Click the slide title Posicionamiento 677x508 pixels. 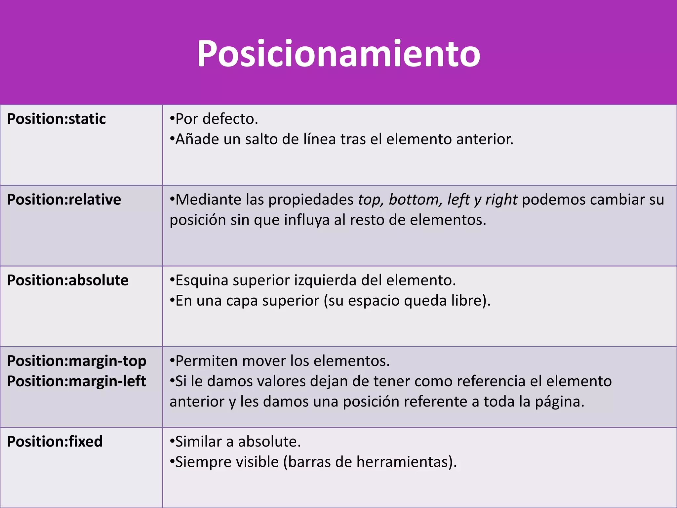(338, 54)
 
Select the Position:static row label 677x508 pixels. (57, 119)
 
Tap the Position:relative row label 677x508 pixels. (64, 200)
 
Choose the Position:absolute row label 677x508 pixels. (68, 280)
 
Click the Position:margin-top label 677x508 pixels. (77, 361)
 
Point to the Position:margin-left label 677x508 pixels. (77, 381)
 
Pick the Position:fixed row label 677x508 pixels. (55, 442)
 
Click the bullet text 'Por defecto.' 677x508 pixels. (217, 119)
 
